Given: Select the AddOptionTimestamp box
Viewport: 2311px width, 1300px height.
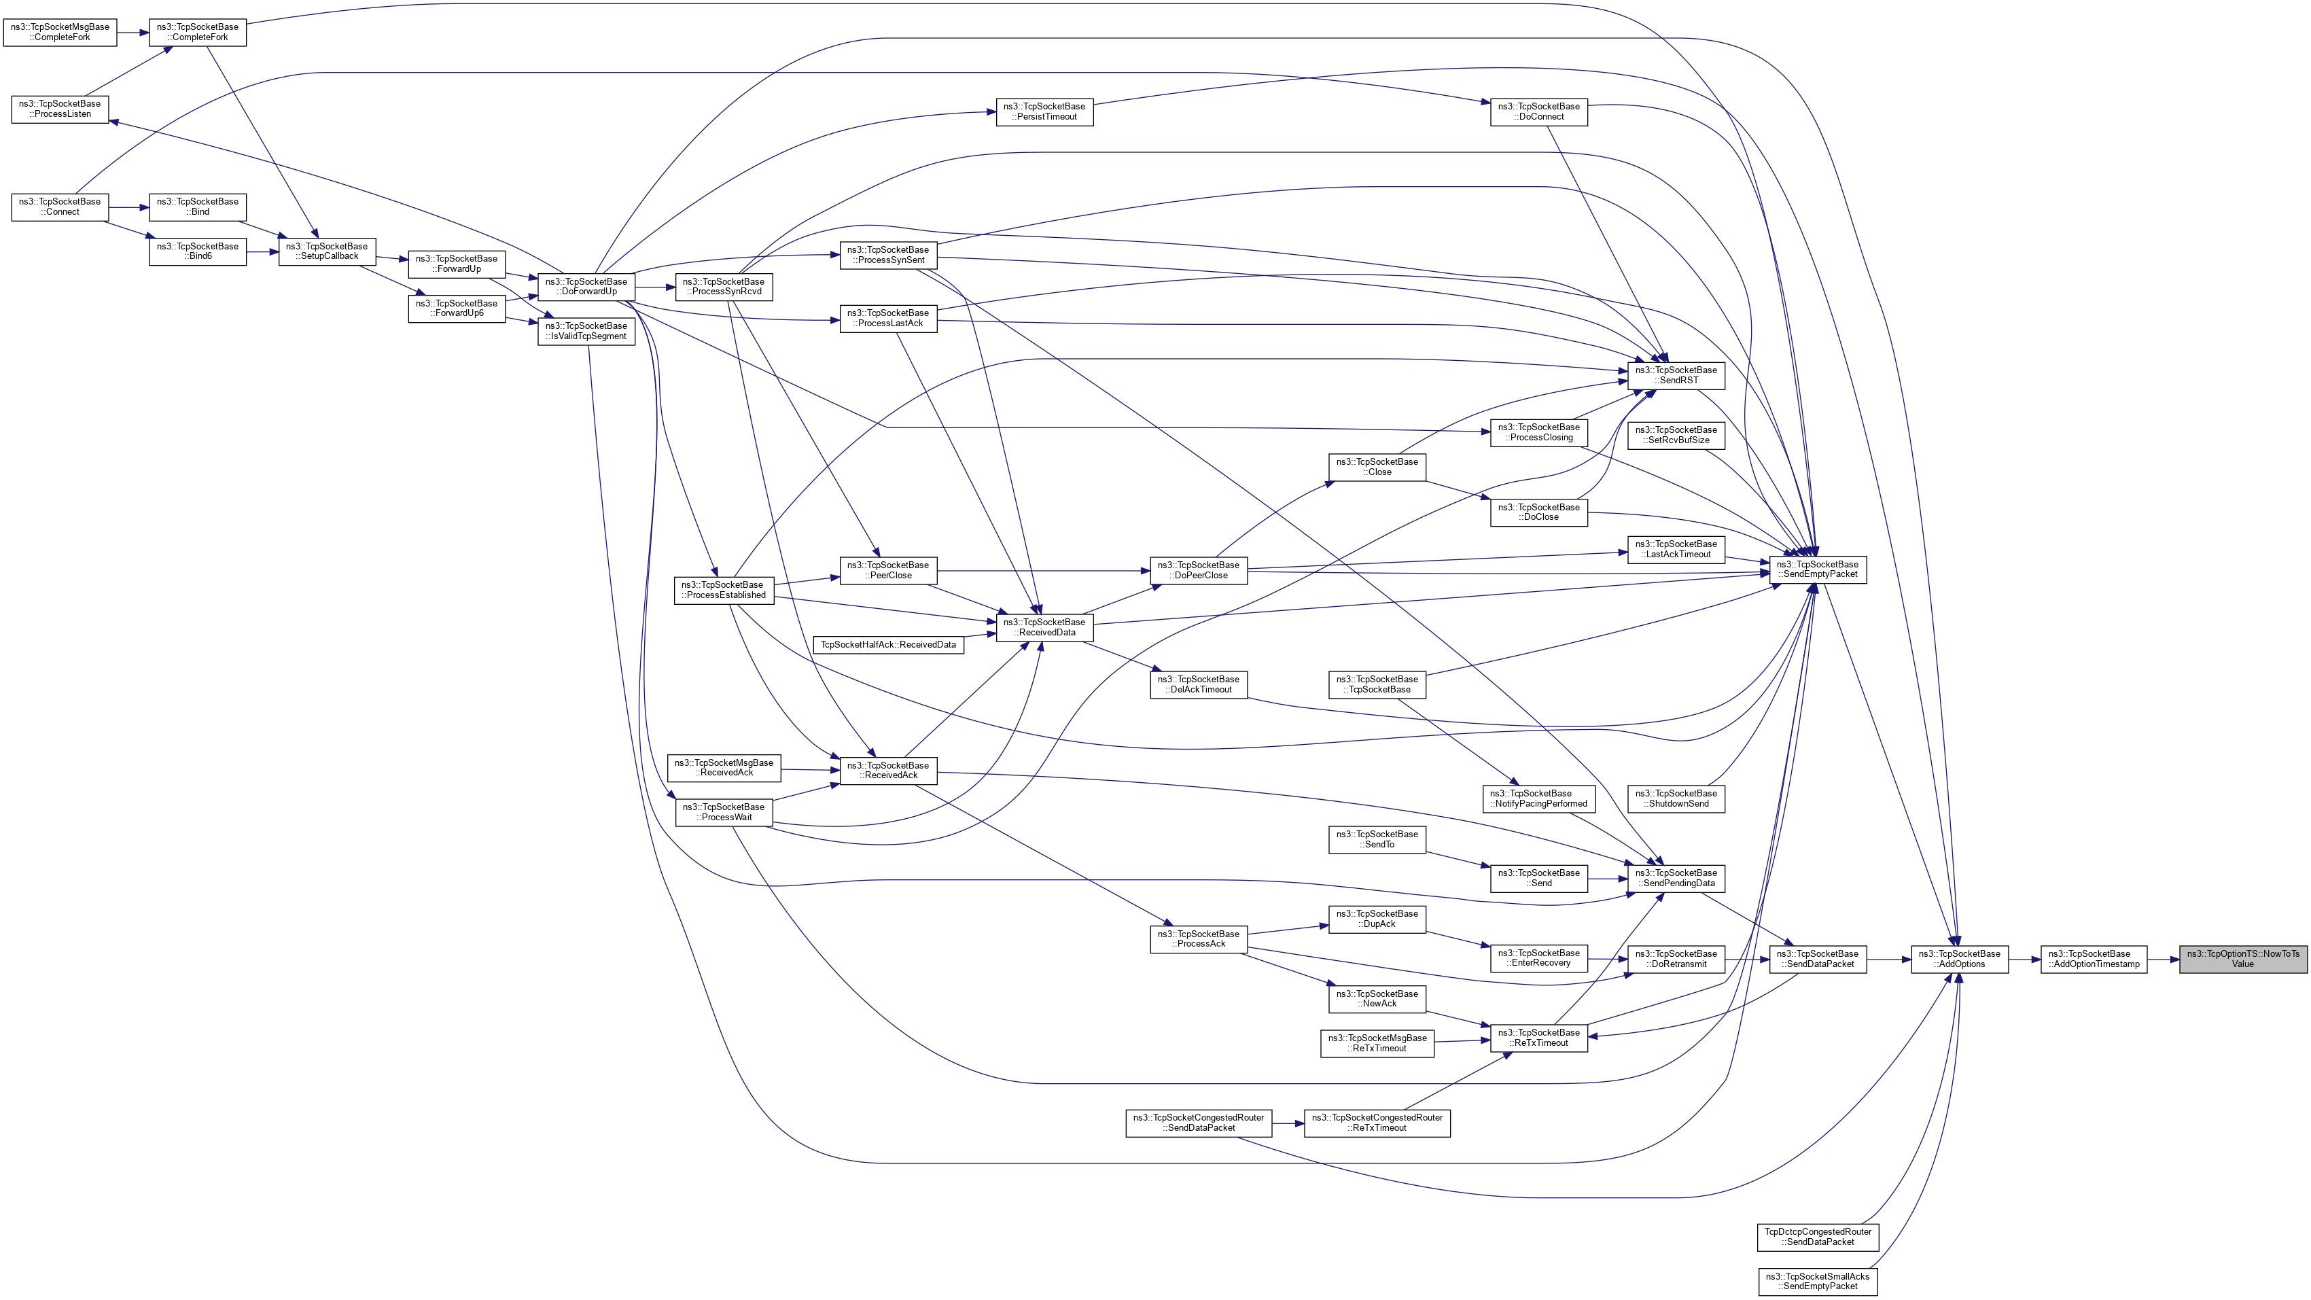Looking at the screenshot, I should [x=2093, y=959].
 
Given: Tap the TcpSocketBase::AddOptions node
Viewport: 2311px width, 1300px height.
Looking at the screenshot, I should [x=1958, y=959].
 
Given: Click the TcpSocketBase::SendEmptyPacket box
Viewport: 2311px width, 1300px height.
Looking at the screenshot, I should [x=1817, y=569].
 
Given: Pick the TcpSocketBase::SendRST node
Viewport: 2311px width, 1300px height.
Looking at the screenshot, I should [x=1675, y=375].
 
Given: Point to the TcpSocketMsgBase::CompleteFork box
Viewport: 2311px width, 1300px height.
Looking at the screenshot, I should [x=60, y=33].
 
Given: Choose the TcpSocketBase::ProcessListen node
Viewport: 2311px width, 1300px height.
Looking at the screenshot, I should [x=60, y=109].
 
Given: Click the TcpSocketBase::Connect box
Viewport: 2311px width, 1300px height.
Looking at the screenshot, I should [x=60, y=207].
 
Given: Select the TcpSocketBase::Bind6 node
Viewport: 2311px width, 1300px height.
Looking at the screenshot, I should [x=197, y=251].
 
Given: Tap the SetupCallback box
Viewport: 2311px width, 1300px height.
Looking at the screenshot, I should [x=327, y=251].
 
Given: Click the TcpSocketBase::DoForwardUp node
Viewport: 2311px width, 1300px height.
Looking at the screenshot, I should [x=586, y=286].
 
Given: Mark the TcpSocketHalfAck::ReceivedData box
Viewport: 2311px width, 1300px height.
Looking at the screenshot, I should [x=888, y=644].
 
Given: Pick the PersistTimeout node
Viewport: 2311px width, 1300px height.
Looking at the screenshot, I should [x=1044, y=111].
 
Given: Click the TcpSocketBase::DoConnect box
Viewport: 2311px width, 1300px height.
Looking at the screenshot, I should [x=1538, y=111].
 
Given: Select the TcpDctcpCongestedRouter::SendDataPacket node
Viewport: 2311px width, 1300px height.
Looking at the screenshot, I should [x=1818, y=1236].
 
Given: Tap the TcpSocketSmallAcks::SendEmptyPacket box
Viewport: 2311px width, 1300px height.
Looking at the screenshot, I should [x=1818, y=1281].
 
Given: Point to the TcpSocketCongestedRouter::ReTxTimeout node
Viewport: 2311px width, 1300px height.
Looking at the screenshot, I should [x=1376, y=1123].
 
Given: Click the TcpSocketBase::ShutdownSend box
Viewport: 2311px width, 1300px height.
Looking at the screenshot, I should [x=1676, y=798].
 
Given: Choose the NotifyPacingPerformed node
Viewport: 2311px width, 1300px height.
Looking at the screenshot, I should [x=1538, y=798].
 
